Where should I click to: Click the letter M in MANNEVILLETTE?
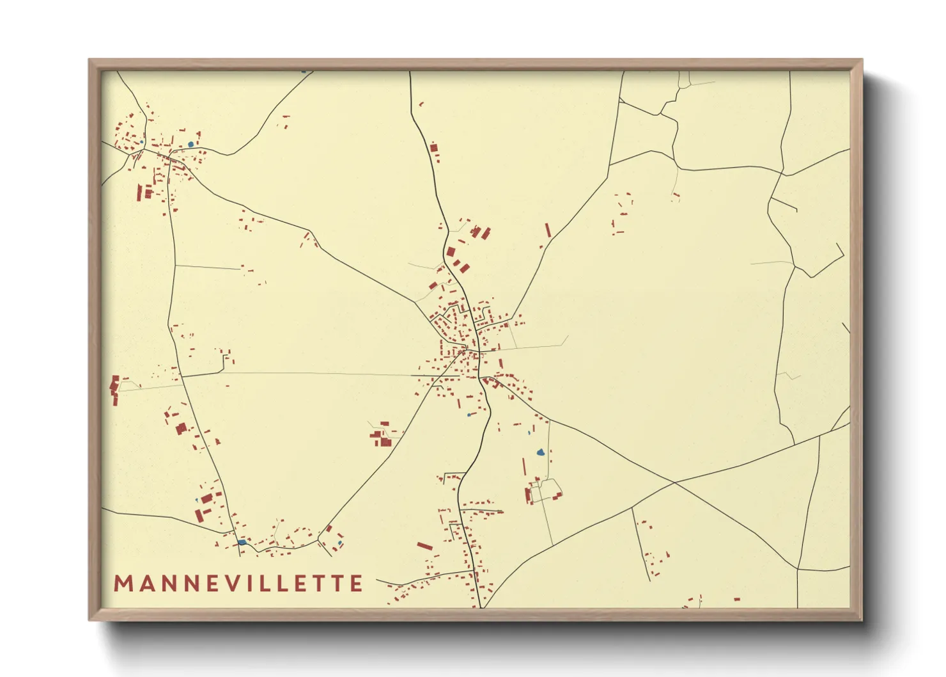123,583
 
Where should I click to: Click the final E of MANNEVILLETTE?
355,583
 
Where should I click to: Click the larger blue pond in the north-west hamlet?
190,145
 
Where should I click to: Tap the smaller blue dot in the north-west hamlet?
142,141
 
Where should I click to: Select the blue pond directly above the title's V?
241,542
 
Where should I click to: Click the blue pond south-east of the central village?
541,452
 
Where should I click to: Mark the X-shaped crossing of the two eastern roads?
674,482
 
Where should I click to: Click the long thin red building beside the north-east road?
547,230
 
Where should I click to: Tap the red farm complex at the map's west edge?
115,389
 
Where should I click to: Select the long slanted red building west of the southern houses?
424,546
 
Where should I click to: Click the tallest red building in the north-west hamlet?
139,192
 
